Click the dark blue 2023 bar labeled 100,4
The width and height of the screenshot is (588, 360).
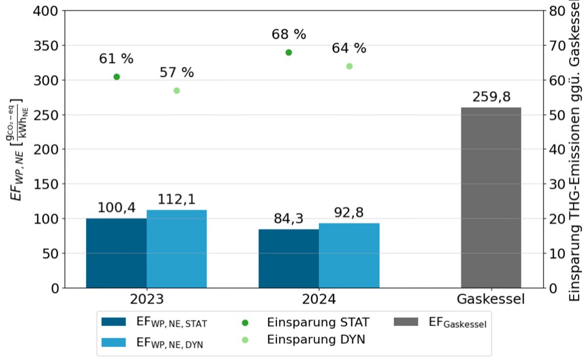point(116,253)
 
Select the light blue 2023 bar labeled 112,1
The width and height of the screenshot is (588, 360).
point(176,249)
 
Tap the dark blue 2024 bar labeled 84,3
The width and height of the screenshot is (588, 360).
point(289,259)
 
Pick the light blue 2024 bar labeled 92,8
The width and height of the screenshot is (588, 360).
point(349,256)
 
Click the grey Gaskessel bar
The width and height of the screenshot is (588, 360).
point(491,198)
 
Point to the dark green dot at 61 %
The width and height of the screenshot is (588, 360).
point(117,77)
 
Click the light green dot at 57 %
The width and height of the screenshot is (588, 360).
point(177,91)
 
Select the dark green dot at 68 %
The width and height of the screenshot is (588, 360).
point(289,52)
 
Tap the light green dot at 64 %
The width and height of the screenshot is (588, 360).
point(349,66)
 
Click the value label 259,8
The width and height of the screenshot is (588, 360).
point(491,97)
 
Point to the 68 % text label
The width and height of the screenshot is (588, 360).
point(289,35)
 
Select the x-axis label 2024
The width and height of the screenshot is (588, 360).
point(319,299)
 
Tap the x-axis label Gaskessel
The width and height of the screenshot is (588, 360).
point(491,299)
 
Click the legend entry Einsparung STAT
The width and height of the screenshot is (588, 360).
point(318,322)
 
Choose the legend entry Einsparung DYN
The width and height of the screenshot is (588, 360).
point(316,339)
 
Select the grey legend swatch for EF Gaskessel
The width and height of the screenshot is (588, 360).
point(406,322)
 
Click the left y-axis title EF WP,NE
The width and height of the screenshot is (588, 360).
point(17,149)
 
